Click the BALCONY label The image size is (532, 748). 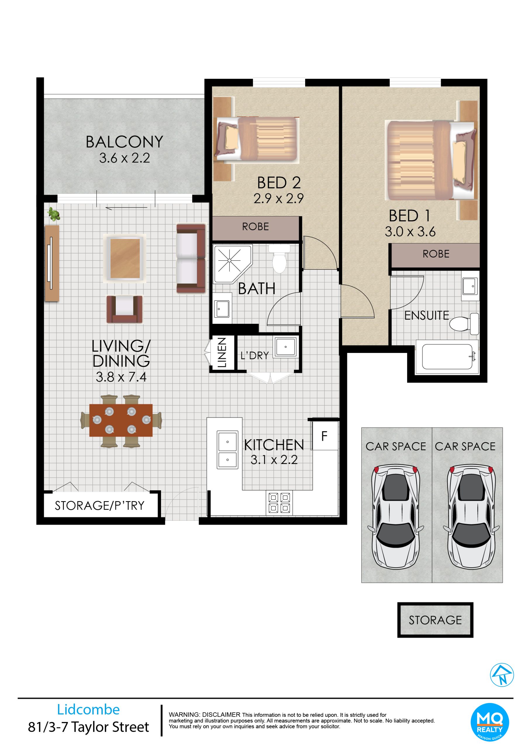click(125, 142)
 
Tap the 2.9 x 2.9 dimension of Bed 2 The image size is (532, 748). click(279, 198)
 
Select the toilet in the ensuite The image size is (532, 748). click(464, 324)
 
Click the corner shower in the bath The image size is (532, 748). click(233, 264)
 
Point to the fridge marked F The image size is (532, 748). click(325, 436)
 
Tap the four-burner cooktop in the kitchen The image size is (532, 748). click(279, 503)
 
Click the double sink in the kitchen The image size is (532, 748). click(227, 450)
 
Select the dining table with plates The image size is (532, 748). click(121, 420)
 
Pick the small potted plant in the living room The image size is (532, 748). click(54, 214)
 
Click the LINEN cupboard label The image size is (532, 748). click(222, 353)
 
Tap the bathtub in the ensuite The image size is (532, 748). click(448, 357)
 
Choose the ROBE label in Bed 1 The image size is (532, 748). click(436, 254)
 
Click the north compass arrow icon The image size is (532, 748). click(502, 675)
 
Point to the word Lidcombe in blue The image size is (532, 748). click(89, 709)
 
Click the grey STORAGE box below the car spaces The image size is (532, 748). click(435, 620)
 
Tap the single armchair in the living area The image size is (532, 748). click(125, 309)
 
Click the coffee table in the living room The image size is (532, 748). click(125, 258)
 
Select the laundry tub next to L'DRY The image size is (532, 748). click(286, 347)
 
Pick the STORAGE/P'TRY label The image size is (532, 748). click(100, 505)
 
